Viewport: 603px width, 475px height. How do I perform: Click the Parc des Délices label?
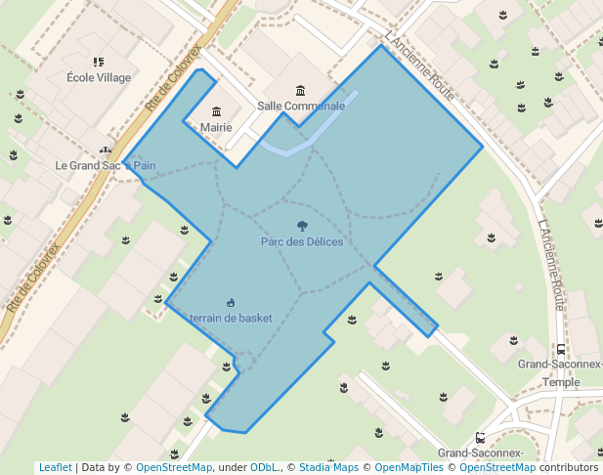301,241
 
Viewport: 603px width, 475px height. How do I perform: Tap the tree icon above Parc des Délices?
302,226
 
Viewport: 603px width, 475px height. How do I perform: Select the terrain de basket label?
231,318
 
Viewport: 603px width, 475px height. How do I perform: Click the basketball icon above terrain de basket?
231,302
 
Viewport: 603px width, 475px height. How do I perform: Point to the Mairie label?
216,127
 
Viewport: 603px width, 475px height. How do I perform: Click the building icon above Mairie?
216,111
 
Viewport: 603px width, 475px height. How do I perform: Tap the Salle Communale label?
301,106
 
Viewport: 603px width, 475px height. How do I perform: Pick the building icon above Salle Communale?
300,90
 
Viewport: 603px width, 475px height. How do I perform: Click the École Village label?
99,77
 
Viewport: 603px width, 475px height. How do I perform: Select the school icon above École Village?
98,62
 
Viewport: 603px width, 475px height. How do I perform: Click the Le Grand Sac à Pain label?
106,165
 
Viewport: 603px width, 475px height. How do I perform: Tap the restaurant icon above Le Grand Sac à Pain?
106,151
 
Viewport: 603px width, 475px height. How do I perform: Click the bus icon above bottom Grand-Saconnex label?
480,437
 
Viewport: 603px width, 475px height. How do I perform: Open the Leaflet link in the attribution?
55,467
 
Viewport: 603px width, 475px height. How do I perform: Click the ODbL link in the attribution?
263,467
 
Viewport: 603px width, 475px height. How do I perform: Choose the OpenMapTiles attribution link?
409,467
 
